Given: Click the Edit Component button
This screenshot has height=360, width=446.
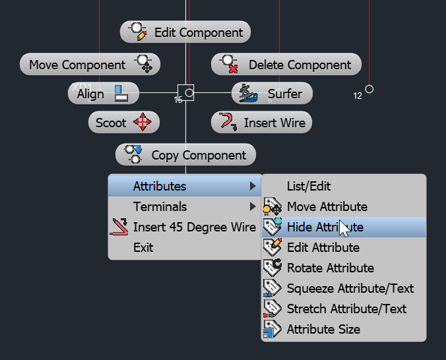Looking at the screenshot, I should click(x=185, y=32).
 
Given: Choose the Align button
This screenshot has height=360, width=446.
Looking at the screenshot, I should click(x=103, y=94).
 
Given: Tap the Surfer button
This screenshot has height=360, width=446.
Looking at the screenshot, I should click(x=272, y=94).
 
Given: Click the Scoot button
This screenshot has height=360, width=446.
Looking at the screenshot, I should click(x=123, y=123).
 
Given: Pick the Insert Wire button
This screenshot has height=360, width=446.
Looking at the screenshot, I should click(x=261, y=123).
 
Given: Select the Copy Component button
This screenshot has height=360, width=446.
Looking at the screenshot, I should click(x=185, y=155).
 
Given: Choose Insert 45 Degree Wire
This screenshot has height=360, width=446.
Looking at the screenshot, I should click(x=185, y=227).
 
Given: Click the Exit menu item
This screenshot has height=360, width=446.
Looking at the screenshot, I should click(x=143, y=248).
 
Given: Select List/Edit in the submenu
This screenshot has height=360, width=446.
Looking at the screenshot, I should click(x=309, y=187).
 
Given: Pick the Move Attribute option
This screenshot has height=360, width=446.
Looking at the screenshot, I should click(x=327, y=207).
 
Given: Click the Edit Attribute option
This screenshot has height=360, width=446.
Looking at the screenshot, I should click(x=323, y=248).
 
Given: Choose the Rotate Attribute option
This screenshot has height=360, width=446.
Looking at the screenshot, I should click(x=330, y=268).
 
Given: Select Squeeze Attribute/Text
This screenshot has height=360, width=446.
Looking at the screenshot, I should click(x=350, y=289).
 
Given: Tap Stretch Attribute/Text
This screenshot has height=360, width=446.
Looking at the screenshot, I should click(x=346, y=309).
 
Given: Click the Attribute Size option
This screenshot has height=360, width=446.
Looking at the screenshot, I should click(x=323, y=330).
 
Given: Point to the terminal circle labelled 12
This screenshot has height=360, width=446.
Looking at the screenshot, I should click(x=369, y=89).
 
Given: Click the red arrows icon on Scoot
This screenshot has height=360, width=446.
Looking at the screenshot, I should click(x=143, y=123).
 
